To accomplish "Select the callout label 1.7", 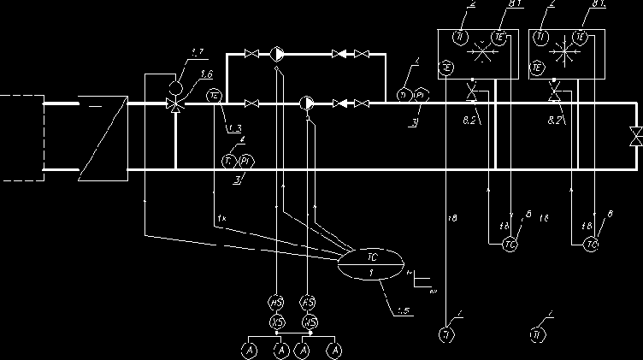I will [197, 54].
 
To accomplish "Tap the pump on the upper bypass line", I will [278, 55].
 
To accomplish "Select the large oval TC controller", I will [370, 264].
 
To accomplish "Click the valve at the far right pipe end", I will [635, 136].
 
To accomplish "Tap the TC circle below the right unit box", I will [591, 245].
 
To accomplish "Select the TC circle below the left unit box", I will [510, 245].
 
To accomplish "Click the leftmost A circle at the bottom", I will [249, 350].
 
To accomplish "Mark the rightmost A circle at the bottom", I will [336, 350].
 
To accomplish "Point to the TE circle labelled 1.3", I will [215, 97].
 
